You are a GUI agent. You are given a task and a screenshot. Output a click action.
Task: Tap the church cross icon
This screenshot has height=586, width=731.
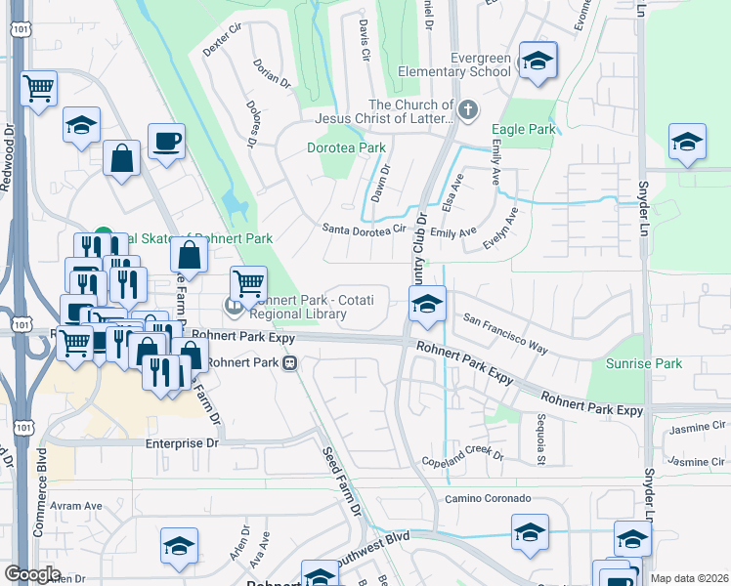468,109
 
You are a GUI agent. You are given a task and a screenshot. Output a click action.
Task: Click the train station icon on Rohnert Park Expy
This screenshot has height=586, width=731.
289,363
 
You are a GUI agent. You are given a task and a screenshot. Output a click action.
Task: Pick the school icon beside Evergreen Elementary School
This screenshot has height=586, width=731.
537,62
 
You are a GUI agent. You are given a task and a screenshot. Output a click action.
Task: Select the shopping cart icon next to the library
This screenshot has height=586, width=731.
249,284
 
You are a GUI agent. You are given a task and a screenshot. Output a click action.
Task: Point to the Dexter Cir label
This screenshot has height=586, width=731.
221,44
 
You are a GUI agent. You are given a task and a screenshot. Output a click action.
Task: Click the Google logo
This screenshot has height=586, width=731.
32,574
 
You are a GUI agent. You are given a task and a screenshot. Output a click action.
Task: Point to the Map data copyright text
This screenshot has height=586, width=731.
689,578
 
